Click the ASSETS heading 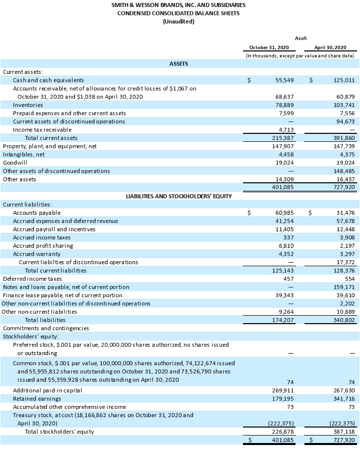178,63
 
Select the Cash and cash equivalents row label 48,80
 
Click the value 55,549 284,80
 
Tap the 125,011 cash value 344,80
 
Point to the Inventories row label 27,105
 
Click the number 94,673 345,121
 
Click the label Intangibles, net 23,155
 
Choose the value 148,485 344,171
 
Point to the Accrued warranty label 36,254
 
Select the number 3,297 346,254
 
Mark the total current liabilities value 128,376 344,270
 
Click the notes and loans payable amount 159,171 344,287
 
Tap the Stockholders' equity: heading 31,337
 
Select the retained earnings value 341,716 344,399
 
